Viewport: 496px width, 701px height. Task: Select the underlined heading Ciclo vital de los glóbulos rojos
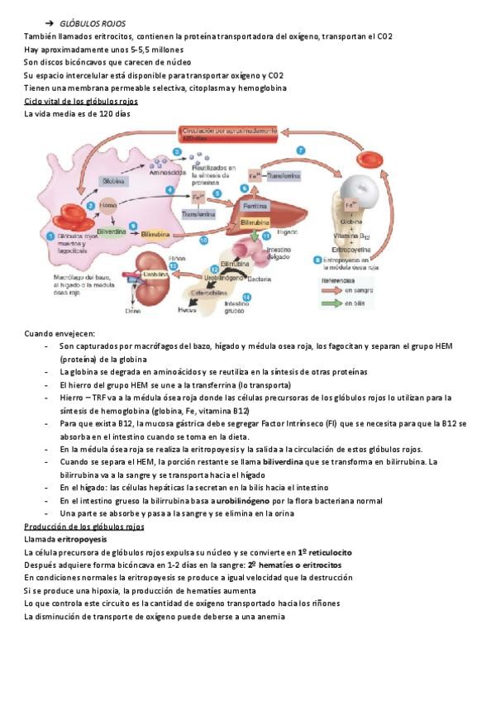click(x=81, y=101)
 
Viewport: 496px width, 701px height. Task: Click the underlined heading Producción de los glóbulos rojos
click(x=84, y=526)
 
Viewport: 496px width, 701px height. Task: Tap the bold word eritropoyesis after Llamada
click(x=83, y=539)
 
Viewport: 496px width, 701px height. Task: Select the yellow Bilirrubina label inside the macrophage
click(x=155, y=235)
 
